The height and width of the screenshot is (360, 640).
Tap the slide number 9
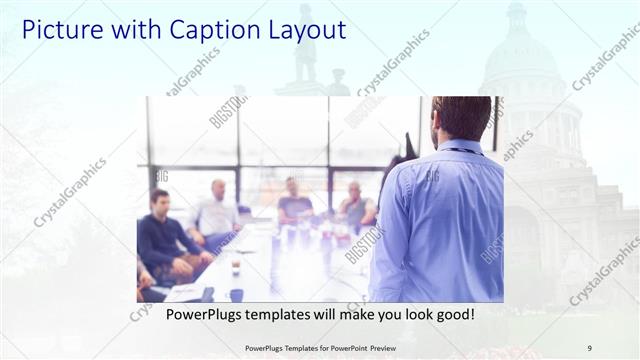[589, 347]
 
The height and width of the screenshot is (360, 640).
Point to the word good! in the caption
[453, 313]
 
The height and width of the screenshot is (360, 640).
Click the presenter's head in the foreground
[462, 118]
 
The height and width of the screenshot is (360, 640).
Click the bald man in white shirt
[217, 210]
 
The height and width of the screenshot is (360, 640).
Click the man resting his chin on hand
[356, 205]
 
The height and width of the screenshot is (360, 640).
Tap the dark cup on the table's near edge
[236, 294]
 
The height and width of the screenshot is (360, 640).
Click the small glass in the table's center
[235, 266]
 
